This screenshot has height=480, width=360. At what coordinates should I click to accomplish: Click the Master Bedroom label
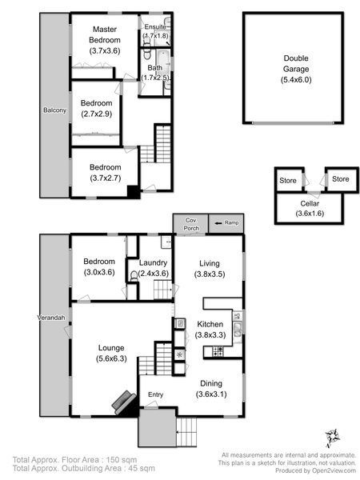click(105, 34)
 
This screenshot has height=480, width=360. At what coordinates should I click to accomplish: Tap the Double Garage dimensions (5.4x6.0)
click(296, 80)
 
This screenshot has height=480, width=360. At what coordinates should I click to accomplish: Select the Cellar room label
click(310, 203)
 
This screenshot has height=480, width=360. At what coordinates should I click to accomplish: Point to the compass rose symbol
click(333, 437)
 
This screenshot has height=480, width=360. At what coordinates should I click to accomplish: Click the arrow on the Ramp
click(218, 223)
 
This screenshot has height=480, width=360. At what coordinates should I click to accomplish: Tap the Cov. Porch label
click(191, 224)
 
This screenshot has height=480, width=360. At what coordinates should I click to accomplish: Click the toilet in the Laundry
click(134, 276)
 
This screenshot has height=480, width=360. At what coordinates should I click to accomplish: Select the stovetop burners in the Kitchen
click(218, 351)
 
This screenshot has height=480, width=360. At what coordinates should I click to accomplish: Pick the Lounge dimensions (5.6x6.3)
click(111, 358)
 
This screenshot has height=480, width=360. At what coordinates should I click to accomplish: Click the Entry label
click(155, 395)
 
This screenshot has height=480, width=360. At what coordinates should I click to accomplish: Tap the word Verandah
click(51, 318)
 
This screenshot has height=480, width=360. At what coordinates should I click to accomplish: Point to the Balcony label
click(54, 110)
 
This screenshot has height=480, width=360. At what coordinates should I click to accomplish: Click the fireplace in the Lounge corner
click(125, 403)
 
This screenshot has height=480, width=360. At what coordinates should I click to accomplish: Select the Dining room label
click(211, 383)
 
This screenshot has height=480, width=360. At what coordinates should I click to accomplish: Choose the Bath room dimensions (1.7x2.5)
click(155, 78)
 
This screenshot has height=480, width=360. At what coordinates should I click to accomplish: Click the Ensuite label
click(155, 27)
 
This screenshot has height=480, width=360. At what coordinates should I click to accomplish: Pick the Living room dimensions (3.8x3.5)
click(210, 274)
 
